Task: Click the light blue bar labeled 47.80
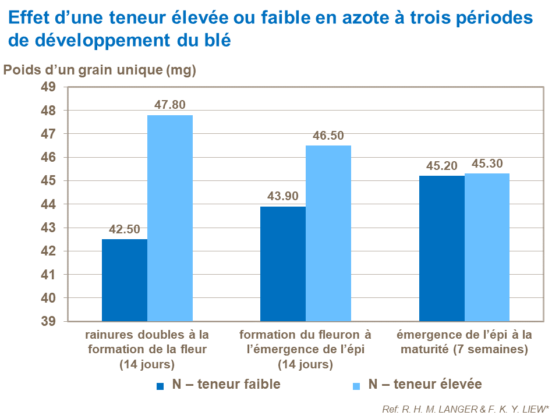tap(169, 218)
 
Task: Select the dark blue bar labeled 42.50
tap(124, 280)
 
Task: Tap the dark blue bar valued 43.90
tap(282, 264)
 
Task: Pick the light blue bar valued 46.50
tap(328, 233)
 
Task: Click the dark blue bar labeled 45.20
tap(441, 248)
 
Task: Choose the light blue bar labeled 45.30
tap(487, 247)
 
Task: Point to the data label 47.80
tap(169, 105)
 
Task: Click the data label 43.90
tap(282, 197)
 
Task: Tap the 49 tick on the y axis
tap(47, 87)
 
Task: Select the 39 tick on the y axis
tap(47, 321)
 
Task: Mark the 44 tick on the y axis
tap(47, 204)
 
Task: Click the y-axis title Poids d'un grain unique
tap(100, 70)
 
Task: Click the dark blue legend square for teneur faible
tap(160, 385)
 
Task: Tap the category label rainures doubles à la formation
tap(147, 350)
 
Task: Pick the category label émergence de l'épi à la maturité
tap(464, 343)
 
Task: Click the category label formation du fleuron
tap(305, 350)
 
